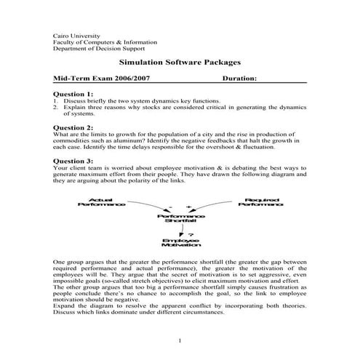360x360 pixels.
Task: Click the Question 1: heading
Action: tap(73, 94)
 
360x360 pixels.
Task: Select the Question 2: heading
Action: tap(73, 127)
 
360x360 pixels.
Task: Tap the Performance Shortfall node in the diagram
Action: tap(177, 217)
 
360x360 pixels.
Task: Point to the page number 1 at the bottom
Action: tap(180, 340)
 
